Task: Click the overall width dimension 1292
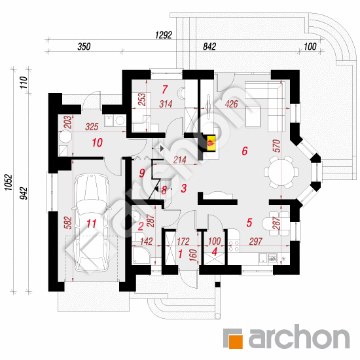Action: (164, 35)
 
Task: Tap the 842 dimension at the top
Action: (209, 46)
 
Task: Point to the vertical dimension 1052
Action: (9, 183)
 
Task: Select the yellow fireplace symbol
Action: (211, 143)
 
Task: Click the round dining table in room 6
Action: (281, 172)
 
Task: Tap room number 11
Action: (91, 223)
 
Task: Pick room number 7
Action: (164, 90)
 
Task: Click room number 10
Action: (97, 143)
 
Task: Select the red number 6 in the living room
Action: (245, 151)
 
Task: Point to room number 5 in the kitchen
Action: (249, 223)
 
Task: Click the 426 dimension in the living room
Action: (231, 104)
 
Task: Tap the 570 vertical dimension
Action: (277, 146)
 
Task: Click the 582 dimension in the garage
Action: (69, 223)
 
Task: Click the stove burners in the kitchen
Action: (234, 245)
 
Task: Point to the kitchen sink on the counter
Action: (272, 258)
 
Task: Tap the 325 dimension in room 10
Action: (92, 127)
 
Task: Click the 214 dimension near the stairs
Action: (179, 160)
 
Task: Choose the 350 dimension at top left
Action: (84, 46)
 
